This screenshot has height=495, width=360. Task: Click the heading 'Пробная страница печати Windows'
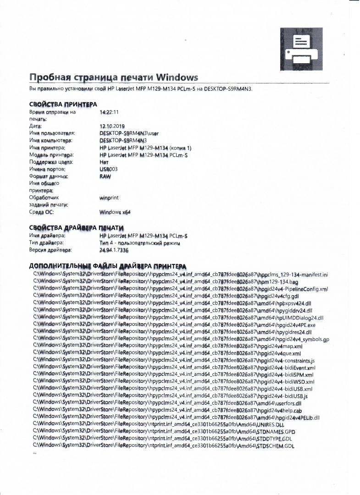pyautogui.click(x=113, y=77)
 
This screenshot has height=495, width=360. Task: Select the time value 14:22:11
pyautogui.click(x=109, y=111)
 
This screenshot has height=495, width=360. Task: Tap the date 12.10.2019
pyautogui.click(x=112, y=126)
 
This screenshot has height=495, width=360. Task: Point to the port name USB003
pyautogui.click(x=108, y=169)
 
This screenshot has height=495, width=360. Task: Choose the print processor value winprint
pyautogui.click(x=109, y=198)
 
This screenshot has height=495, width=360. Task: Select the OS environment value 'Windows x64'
pyautogui.click(x=115, y=213)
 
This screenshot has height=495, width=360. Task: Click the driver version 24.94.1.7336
pyautogui.click(x=114, y=250)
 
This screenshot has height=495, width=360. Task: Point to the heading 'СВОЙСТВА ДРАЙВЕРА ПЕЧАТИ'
pyautogui.click(x=76, y=228)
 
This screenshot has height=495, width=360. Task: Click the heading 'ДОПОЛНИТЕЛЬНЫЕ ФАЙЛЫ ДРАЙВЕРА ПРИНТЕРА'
pyautogui.click(x=107, y=266)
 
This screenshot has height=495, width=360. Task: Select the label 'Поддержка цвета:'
pyautogui.click(x=51, y=162)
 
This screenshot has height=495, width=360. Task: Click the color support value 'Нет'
pyautogui.click(x=104, y=162)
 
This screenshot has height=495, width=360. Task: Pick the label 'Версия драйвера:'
pyautogui.click(x=50, y=250)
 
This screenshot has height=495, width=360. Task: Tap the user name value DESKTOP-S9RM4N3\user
pyautogui.click(x=128, y=133)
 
